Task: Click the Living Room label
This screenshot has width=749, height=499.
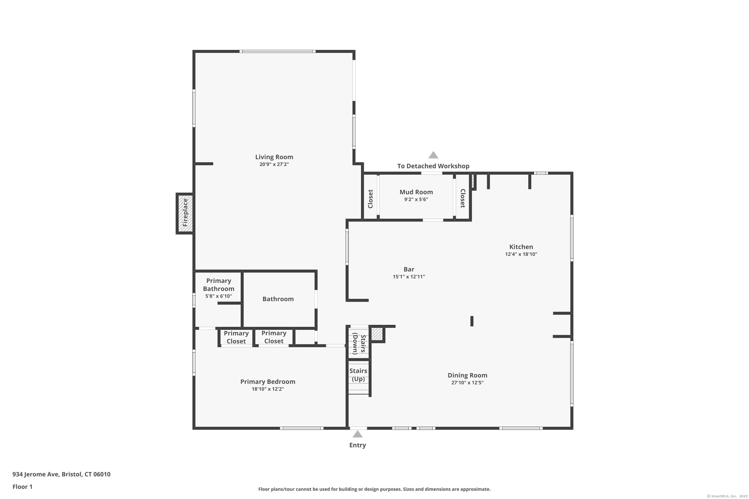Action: click(274, 157)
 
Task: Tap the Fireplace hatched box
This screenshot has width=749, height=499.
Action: click(185, 213)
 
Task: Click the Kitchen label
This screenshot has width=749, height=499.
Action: click(521, 247)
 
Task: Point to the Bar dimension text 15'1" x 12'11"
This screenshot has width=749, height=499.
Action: click(409, 276)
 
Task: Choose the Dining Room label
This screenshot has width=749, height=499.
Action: click(467, 375)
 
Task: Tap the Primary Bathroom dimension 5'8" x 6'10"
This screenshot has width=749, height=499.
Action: click(218, 296)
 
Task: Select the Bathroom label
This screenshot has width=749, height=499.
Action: click(278, 299)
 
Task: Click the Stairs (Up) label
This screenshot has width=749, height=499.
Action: click(358, 374)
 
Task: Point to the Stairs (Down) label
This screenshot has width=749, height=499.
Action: click(359, 344)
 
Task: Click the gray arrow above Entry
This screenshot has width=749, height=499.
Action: click(357, 434)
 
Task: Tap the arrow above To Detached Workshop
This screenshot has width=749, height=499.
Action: click(433, 155)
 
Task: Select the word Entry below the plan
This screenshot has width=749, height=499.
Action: click(357, 445)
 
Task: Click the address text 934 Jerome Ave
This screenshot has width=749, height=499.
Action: click(36, 474)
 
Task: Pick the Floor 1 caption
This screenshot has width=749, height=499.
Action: click(22, 487)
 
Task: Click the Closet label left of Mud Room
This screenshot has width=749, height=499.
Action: click(370, 199)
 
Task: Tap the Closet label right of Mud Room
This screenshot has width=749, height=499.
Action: click(463, 198)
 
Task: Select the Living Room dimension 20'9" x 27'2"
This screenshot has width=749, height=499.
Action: click(274, 164)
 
